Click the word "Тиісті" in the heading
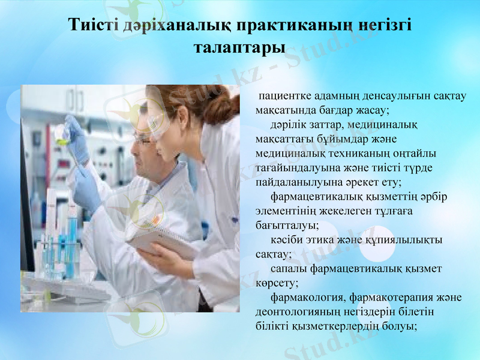point(93,26)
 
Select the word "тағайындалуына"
point(295,169)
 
